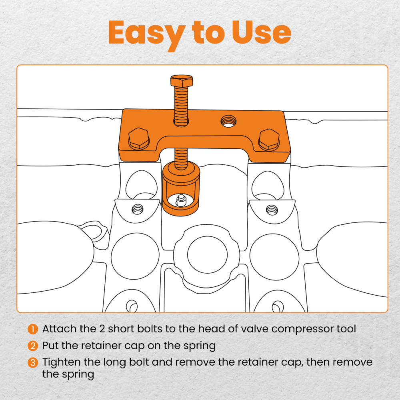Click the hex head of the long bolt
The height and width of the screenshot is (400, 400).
[182, 81]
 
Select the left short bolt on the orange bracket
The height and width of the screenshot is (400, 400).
[139, 138]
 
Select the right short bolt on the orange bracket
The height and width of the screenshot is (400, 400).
[269, 140]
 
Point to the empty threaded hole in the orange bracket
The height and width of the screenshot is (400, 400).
[228, 121]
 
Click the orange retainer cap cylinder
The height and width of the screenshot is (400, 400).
[181, 188]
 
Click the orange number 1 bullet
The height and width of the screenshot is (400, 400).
[33, 329]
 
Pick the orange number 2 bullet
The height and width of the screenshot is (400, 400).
[33, 346]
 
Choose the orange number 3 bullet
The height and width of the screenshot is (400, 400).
[33, 362]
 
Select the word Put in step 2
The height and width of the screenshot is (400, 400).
[50, 346]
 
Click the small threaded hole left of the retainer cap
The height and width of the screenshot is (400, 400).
[138, 210]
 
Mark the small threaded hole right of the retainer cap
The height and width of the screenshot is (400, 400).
[272, 210]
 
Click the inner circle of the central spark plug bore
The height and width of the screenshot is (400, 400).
[207, 254]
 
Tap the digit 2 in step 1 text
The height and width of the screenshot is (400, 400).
[102, 329]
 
